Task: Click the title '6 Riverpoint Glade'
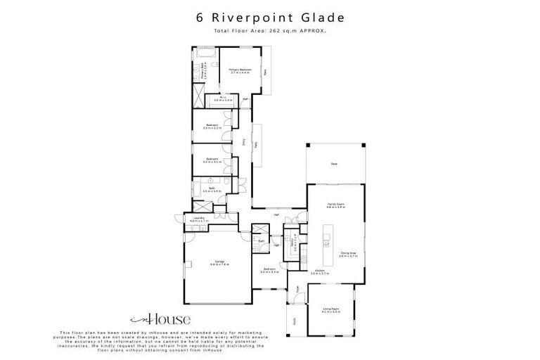269,18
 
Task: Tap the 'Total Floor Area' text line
269,31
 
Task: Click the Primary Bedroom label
240,71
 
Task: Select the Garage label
218,263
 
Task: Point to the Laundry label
198,219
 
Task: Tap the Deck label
335,164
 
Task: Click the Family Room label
335,206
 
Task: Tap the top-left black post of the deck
307,146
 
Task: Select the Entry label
244,141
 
